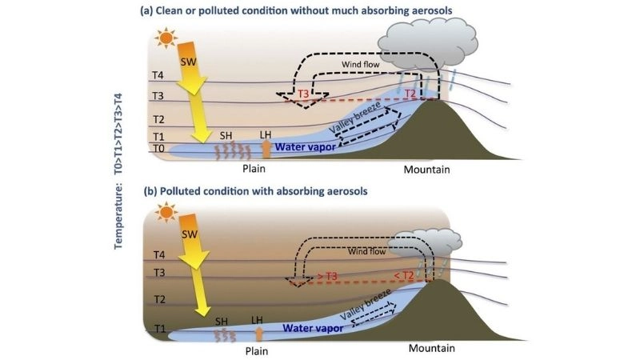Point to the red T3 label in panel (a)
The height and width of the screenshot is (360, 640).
pyautogui.click(x=305, y=94)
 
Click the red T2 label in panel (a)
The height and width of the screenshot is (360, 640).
pyautogui.click(x=410, y=94)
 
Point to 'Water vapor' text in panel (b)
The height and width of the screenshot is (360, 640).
pyautogui.click(x=313, y=326)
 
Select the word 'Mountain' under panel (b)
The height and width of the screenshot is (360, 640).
pyautogui.click(x=432, y=349)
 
